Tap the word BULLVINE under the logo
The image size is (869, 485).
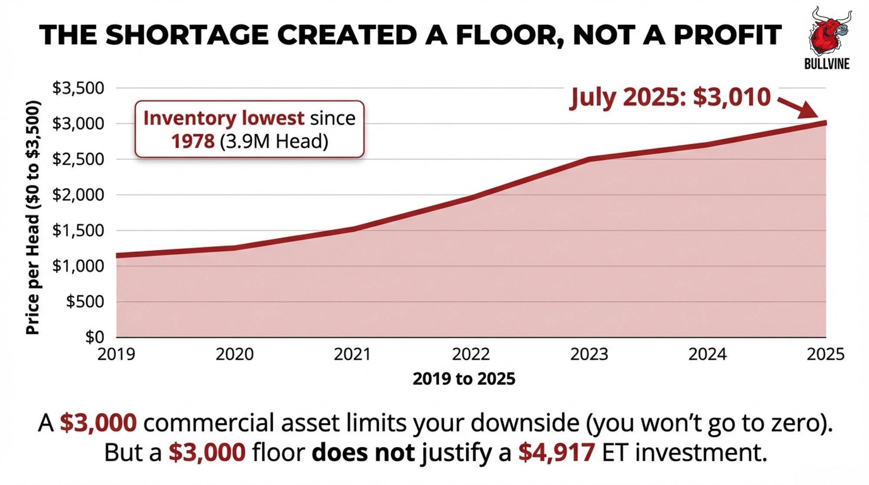click(827, 64)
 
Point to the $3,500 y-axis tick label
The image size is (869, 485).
click(78, 88)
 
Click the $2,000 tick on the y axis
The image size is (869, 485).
click(78, 195)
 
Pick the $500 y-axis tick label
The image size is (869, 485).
click(85, 302)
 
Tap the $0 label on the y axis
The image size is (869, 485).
click(95, 337)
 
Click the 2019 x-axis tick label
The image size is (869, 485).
click(116, 355)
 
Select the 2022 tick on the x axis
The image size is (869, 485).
click(471, 355)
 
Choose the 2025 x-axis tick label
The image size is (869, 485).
click(826, 355)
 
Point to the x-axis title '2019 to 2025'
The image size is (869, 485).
click(464, 379)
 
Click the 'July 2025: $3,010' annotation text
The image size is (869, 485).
click(670, 97)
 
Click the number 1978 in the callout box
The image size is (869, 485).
click(192, 141)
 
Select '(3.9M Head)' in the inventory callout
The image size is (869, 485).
click(274, 141)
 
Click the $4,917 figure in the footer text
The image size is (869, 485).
click(556, 452)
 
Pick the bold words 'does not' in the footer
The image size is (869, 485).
click(363, 452)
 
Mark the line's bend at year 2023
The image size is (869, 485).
click(589, 159)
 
